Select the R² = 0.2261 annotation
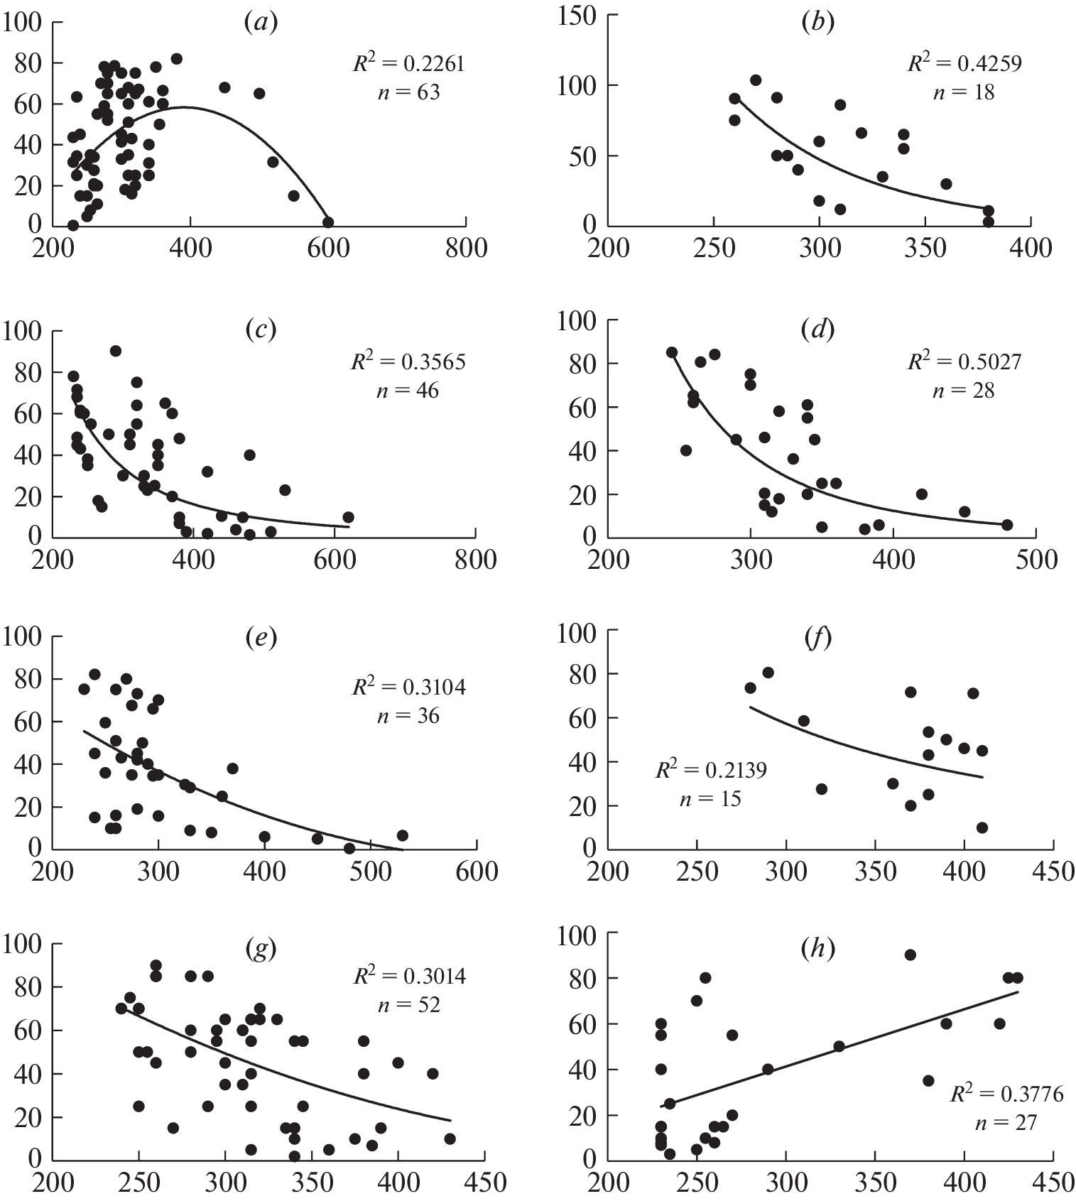click(409, 64)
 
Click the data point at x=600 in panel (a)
click(328, 222)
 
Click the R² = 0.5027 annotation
click(964, 362)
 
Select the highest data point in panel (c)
click(116, 351)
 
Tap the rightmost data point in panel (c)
click(348, 517)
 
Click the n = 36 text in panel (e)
click(408, 715)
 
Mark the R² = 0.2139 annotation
click(710, 770)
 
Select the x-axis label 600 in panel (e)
click(477, 871)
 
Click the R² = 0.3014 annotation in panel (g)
click(410, 977)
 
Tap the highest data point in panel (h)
click(910, 955)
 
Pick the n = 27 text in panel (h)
click(1006, 1122)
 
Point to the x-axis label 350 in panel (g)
click(311, 1183)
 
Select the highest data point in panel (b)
click(756, 80)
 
